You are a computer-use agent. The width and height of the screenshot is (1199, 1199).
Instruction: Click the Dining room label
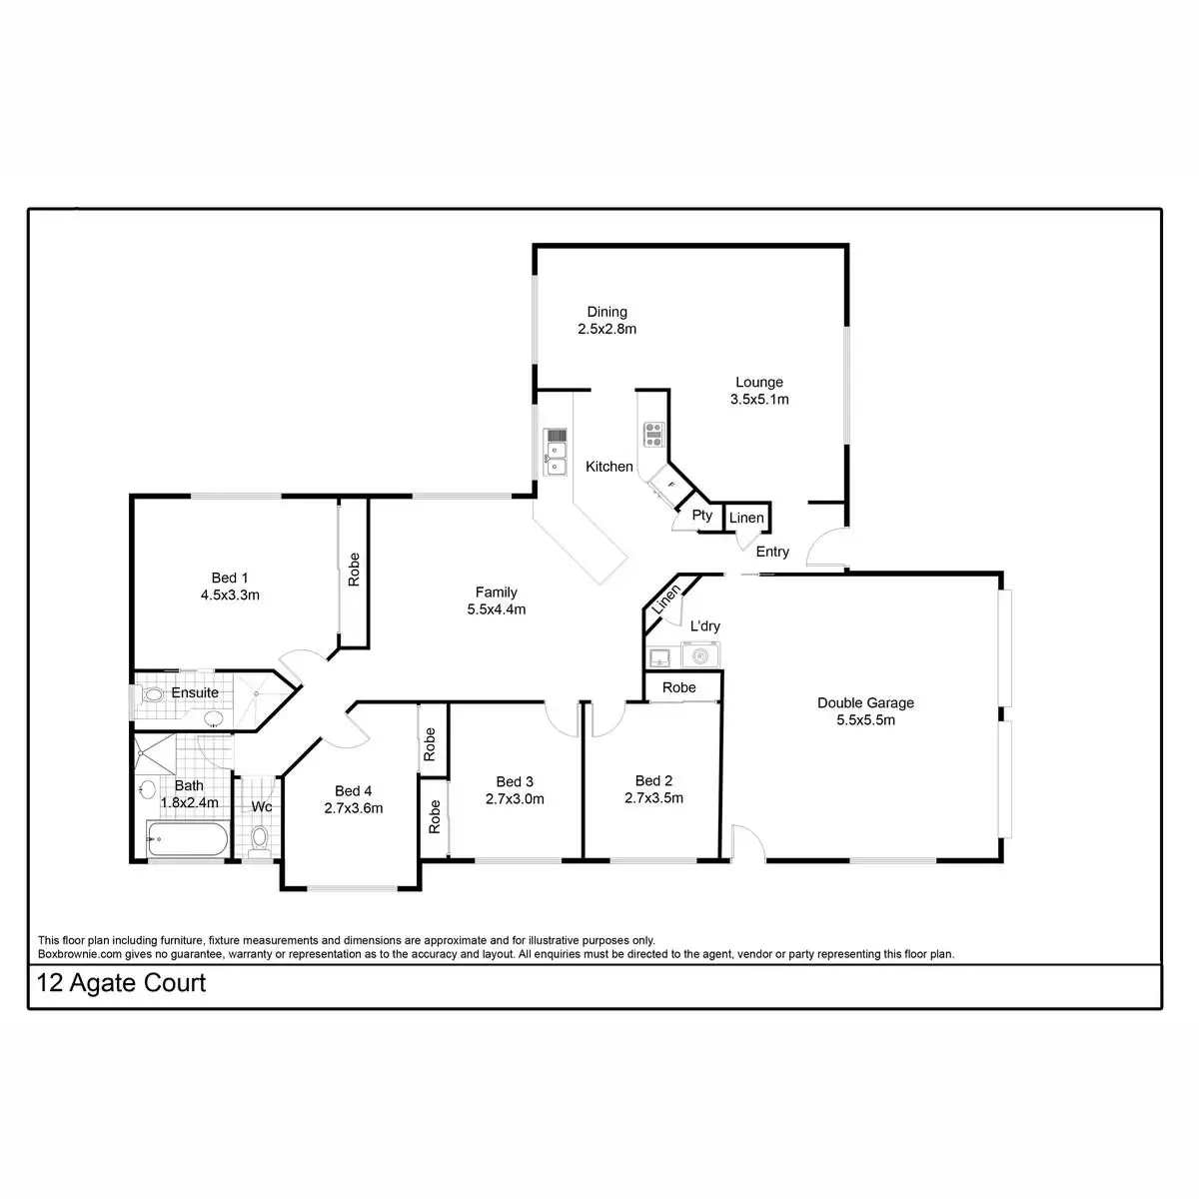(x=606, y=312)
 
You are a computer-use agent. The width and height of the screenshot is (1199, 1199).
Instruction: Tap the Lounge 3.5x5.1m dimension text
(x=759, y=400)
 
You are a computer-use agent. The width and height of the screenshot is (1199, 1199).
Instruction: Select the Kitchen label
(x=609, y=467)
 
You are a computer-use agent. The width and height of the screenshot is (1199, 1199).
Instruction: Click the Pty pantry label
(x=702, y=516)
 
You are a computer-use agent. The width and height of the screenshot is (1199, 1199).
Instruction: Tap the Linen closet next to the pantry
(x=746, y=518)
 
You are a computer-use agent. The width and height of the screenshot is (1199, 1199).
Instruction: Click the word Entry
(x=772, y=552)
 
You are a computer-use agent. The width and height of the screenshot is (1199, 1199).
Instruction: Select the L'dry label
(x=705, y=626)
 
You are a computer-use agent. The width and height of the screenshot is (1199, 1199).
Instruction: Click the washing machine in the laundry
(x=701, y=656)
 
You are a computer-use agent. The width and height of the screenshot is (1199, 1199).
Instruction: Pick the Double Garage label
(x=865, y=702)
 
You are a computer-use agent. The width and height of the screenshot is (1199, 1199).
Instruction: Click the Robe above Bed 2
(x=679, y=687)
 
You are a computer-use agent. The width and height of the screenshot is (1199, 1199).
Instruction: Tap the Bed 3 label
(x=515, y=781)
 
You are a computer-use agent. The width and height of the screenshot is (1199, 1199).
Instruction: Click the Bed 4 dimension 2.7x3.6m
(x=354, y=808)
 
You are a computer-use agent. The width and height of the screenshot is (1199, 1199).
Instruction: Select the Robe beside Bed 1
(x=354, y=570)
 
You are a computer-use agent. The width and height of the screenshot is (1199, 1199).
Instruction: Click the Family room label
(x=497, y=593)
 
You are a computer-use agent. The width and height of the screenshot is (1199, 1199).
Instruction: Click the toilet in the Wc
(x=260, y=836)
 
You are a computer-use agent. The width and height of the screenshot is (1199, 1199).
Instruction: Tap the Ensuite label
(x=195, y=692)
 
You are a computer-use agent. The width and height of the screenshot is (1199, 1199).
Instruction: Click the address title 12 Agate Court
(x=121, y=983)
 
